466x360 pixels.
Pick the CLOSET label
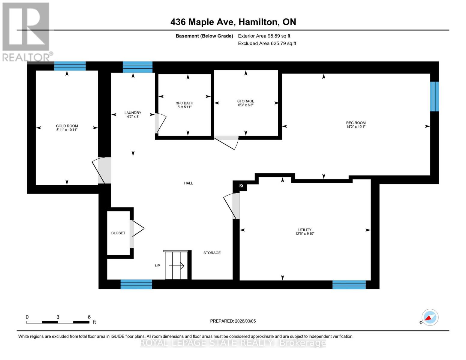118,233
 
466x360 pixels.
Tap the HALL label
188,183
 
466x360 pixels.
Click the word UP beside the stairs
158,265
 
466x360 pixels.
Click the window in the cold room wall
70,66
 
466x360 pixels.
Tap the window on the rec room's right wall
434,96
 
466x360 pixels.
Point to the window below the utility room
349,284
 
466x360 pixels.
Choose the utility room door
233,206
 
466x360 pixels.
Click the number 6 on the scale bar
89,317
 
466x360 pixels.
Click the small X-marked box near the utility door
241,186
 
